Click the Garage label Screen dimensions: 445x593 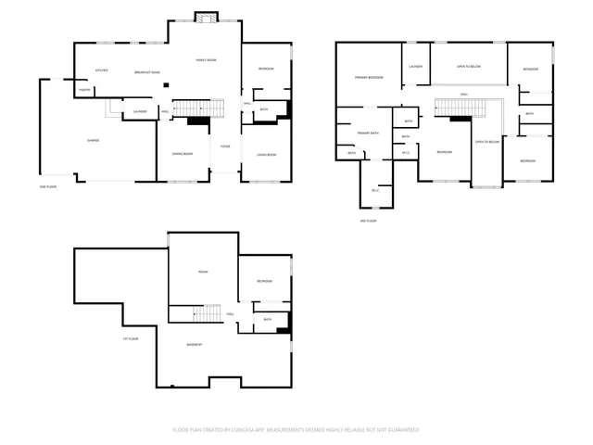(94, 140)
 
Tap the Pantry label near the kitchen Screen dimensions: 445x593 (84, 90)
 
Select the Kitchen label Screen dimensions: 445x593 (103, 70)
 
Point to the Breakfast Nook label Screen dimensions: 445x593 (147, 72)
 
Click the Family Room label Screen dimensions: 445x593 (206, 60)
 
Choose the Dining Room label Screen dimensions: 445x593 (182, 154)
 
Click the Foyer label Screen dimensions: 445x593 (225, 146)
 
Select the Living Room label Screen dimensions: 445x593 (266, 154)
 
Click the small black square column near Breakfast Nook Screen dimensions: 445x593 (166, 85)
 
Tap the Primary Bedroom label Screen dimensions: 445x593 (369, 77)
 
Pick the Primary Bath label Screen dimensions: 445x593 (369, 133)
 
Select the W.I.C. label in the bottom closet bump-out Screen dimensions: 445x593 (375, 191)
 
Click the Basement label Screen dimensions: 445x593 (195, 345)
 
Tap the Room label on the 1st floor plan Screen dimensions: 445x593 (203, 271)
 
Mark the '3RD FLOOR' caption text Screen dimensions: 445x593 (368, 221)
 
